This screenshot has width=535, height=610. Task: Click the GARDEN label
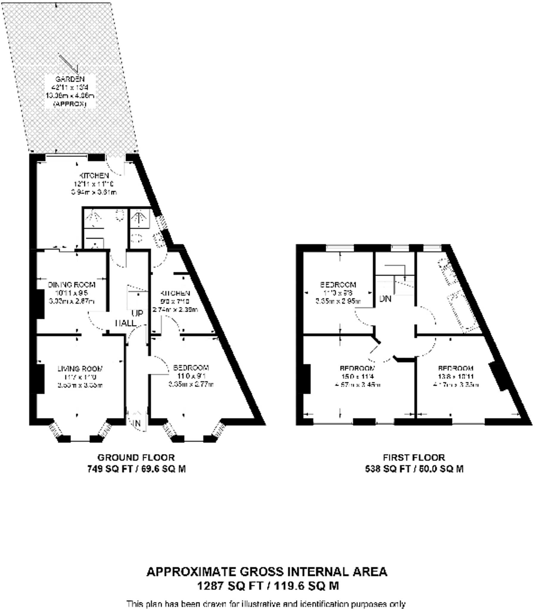(x=70, y=79)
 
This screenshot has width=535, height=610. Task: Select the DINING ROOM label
(x=72, y=285)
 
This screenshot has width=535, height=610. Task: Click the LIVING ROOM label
(x=80, y=368)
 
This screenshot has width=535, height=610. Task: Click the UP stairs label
(x=137, y=313)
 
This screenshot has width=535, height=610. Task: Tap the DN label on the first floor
(x=385, y=298)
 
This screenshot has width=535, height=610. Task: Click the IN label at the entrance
(x=137, y=423)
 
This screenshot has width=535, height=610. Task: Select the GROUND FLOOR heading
(x=136, y=457)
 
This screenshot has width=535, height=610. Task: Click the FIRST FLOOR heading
(x=414, y=457)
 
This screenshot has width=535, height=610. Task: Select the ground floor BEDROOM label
(x=191, y=367)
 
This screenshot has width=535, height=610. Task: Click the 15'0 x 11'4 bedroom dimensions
(x=358, y=376)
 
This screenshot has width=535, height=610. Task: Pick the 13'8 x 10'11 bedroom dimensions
(x=455, y=376)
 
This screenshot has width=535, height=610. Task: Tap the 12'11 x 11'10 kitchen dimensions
(x=94, y=184)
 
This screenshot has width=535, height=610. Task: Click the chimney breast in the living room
(x=40, y=378)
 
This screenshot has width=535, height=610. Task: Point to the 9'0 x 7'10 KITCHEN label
(x=175, y=293)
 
